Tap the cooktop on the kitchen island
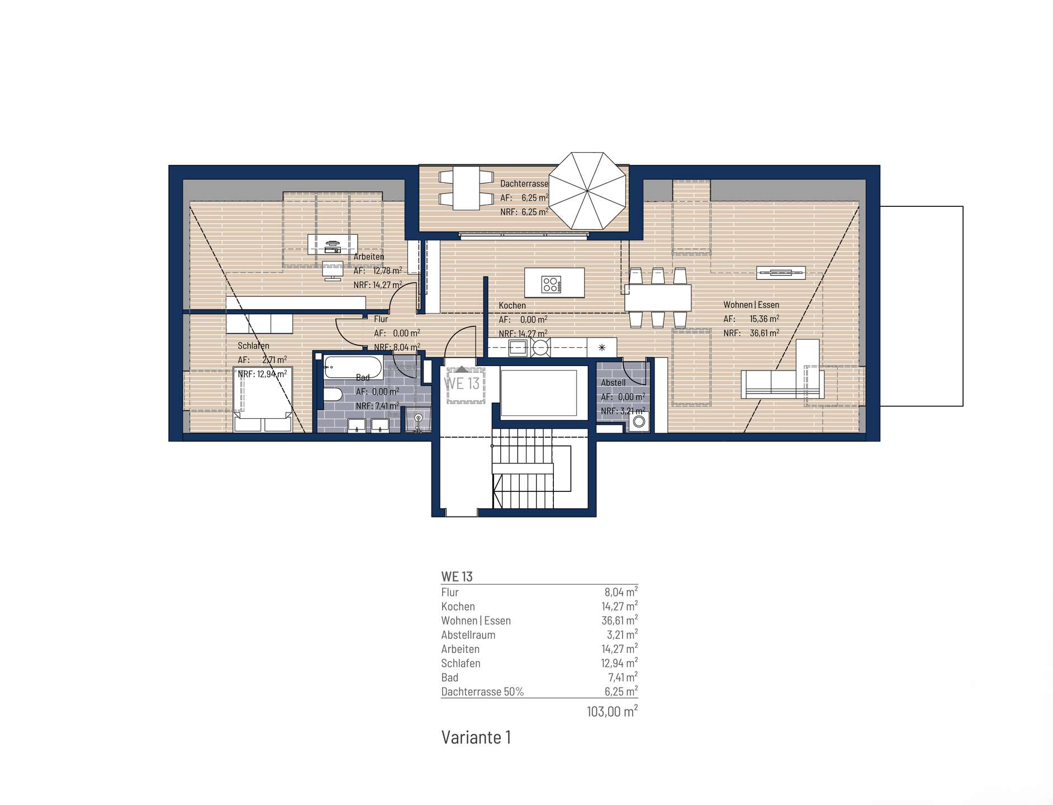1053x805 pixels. point(551,285)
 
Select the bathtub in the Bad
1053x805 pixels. point(353,368)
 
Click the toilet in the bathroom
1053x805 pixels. point(333,395)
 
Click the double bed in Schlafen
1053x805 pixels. point(263,399)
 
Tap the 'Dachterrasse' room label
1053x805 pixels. point(524,183)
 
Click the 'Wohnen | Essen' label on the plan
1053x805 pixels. point(751,305)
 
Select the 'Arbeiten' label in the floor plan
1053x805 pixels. point(369,257)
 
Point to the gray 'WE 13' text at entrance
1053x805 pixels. point(462,383)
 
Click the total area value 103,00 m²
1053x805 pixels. point(612,712)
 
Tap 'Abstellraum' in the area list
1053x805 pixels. point(468,635)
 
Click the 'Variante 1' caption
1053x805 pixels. point(476,737)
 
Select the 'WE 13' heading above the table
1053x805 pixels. point(457,577)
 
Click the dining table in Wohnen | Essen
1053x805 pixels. point(658,297)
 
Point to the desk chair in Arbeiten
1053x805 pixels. point(333,269)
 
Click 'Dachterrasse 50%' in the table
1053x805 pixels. point(482,692)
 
